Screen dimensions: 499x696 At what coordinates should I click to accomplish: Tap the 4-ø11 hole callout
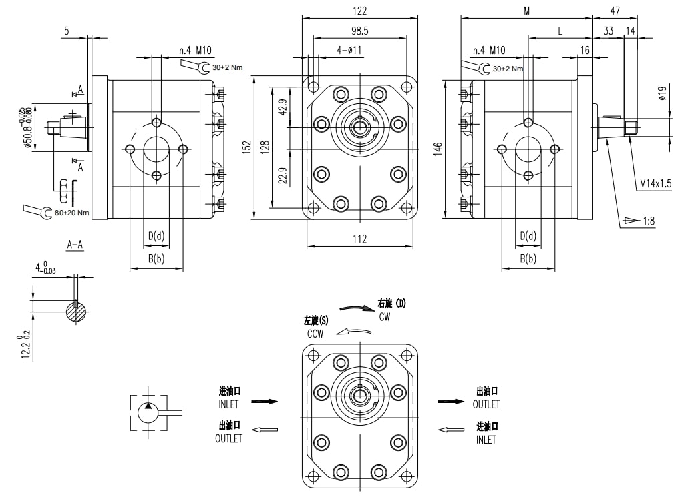tap(349, 50)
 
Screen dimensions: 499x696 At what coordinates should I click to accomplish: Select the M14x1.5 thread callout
tap(655, 183)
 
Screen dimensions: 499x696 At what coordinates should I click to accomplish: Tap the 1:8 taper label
tap(648, 221)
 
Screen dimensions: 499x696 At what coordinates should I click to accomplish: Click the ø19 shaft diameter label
tap(663, 93)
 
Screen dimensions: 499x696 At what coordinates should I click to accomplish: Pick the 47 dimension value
tap(615, 11)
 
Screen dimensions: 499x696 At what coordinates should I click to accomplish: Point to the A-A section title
tap(75, 245)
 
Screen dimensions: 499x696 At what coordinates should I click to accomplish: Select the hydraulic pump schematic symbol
tap(148, 412)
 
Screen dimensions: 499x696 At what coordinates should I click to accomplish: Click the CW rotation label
tap(385, 317)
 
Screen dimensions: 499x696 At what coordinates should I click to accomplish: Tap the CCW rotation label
tap(315, 334)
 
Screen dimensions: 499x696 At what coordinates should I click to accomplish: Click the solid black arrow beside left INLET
tap(264, 402)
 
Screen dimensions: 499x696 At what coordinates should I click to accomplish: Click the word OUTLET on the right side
tap(486, 404)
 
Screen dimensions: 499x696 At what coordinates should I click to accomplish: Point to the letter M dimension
tap(526, 11)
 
